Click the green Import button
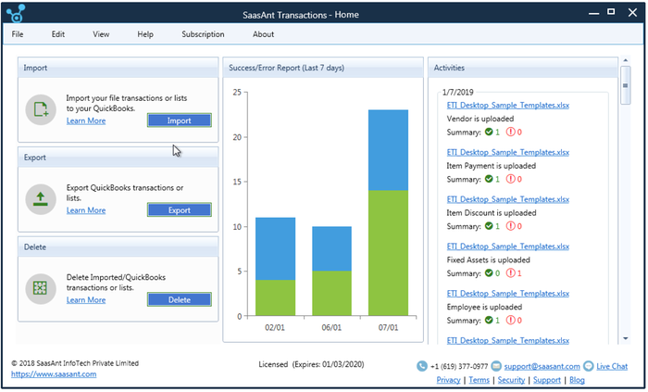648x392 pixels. [179, 120]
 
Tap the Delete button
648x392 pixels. [179, 299]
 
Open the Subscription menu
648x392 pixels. [203, 34]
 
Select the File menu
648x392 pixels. [18, 34]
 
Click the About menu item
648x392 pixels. [263, 34]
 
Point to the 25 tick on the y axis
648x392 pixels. [237, 92]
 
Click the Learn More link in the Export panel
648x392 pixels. [86, 210]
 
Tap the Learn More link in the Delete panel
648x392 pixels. [86, 299]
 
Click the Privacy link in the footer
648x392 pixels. [448, 380]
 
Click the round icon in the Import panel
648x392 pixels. [41, 109]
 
